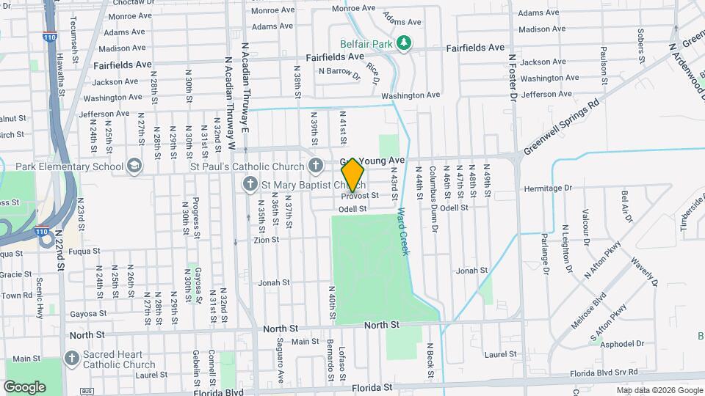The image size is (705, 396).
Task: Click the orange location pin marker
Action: point(353,175)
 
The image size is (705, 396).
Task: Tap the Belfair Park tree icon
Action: point(403,43)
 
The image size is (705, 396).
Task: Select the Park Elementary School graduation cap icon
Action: point(134,166)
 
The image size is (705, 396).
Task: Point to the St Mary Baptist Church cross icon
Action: point(250,183)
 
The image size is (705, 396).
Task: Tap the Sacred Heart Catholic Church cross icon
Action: point(71,359)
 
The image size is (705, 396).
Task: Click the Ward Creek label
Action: point(402,231)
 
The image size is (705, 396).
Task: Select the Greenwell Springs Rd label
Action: point(562,126)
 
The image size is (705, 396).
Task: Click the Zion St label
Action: point(266,240)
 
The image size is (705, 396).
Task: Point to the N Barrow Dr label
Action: point(339,73)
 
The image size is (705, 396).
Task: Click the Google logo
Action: point(25,386)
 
